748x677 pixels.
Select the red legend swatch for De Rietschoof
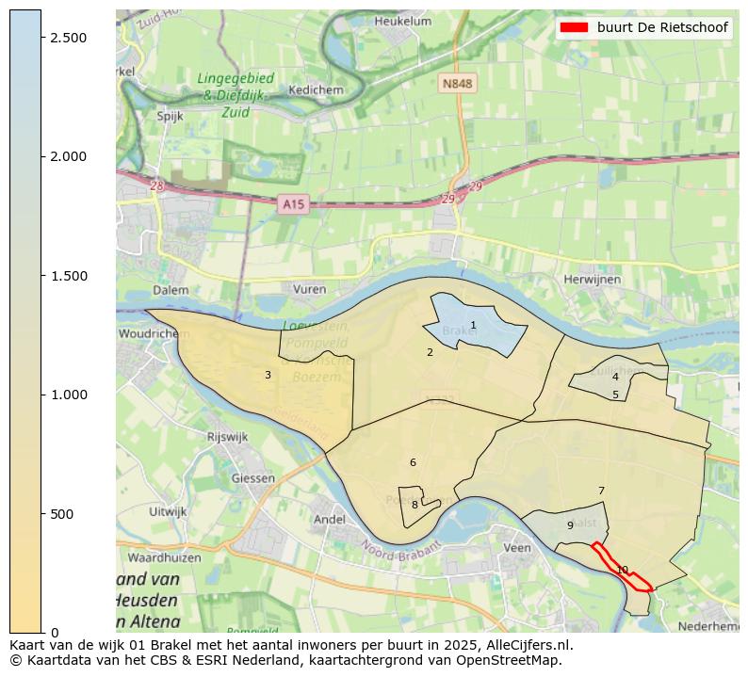click(x=574, y=27)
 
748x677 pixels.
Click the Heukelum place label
click(x=402, y=21)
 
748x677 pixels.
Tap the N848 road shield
click(x=457, y=84)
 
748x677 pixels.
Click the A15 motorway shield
click(x=294, y=203)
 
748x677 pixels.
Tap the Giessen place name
click(x=253, y=477)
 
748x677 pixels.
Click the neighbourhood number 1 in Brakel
click(x=473, y=326)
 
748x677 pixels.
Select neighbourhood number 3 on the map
click(x=268, y=376)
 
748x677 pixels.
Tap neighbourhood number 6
click(x=413, y=462)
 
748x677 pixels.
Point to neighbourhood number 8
click(x=415, y=505)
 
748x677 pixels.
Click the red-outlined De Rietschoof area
click(x=623, y=569)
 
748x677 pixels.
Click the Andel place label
click(x=329, y=519)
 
